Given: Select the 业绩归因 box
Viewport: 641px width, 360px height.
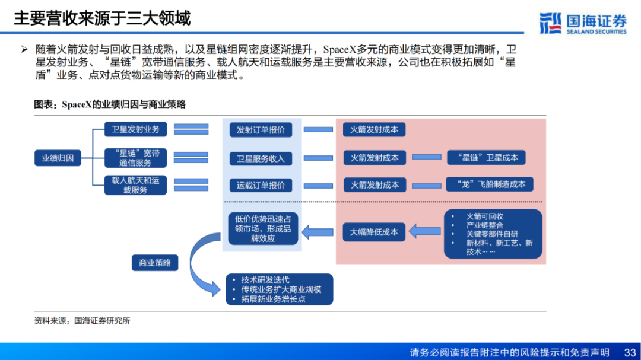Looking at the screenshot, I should (x=58, y=158).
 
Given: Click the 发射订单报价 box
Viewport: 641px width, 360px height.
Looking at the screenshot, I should (x=261, y=130).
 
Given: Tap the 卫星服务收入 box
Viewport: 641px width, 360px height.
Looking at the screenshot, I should (x=261, y=158).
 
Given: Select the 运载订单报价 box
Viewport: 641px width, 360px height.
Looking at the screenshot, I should (x=261, y=185).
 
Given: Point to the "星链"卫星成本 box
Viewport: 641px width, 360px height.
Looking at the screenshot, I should (x=486, y=158).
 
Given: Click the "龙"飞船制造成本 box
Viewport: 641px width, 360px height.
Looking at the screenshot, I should (x=490, y=184).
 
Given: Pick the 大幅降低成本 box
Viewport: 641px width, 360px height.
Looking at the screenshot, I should (x=374, y=232).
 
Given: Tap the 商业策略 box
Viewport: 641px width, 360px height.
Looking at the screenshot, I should (x=154, y=262).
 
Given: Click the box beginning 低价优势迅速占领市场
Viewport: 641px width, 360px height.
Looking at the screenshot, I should (x=263, y=228).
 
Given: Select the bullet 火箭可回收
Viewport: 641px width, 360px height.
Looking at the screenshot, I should (x=485, y=216).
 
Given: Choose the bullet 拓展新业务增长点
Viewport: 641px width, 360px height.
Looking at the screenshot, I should (x=273, y=299).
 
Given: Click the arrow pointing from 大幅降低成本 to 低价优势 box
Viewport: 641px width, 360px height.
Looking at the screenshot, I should (x=320, y=232).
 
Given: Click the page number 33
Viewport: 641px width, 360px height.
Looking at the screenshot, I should (x=630, y=352).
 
